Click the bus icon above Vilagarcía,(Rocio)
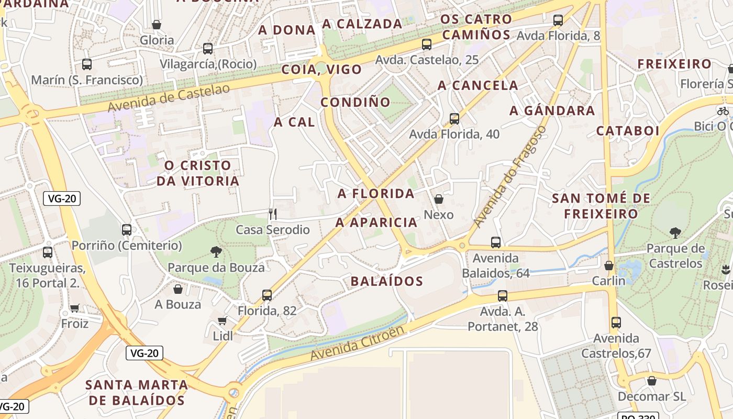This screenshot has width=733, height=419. pyautogui.click(x=208, y=49)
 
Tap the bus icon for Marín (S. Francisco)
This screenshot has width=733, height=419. pyautogui.click(x=87, y=64)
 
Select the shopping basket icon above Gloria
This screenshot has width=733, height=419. pyautogui.click(x=156, y=25)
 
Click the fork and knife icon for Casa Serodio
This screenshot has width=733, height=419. pyautogui.click(x=272, y=214)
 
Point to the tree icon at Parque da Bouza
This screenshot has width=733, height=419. pyautogui.click(x=216, y=252)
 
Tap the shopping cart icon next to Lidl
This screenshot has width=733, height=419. pyautogui.click(x=223, y=321)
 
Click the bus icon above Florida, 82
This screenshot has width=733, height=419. pyautogui.click(x=267, y=295)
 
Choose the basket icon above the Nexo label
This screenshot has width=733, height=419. pyautogui.click(x=439, y=199)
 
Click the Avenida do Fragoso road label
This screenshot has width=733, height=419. pyautogui.click(x=509, y=177)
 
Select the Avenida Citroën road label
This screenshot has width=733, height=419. pyautogui.click(x=358, y=343)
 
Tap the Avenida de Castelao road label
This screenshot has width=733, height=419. pyautogui.click(x=169, y=98)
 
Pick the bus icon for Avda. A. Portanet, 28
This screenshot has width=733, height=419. pyautogui.click(x=503, y=295)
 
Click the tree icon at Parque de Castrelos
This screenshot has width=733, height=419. pyautogui.click(x=675, y=233)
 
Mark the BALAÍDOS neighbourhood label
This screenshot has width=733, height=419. pyautogui.click(x=386, y=281)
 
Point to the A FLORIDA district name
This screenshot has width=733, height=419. pyautogui.click(x=376, y=194)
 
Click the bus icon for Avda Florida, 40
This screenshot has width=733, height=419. pyautogui.click(x=454, y=118)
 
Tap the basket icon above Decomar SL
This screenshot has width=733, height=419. pyautogui.click(x=652, y=381)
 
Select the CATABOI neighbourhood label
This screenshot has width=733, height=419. pyautogui.click(x=628, y=130)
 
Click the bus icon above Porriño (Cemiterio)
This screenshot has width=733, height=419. pyautogui.click(x=127, y=229)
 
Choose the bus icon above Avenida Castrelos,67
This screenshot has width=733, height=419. pyautogui.click(x=616, y=323)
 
